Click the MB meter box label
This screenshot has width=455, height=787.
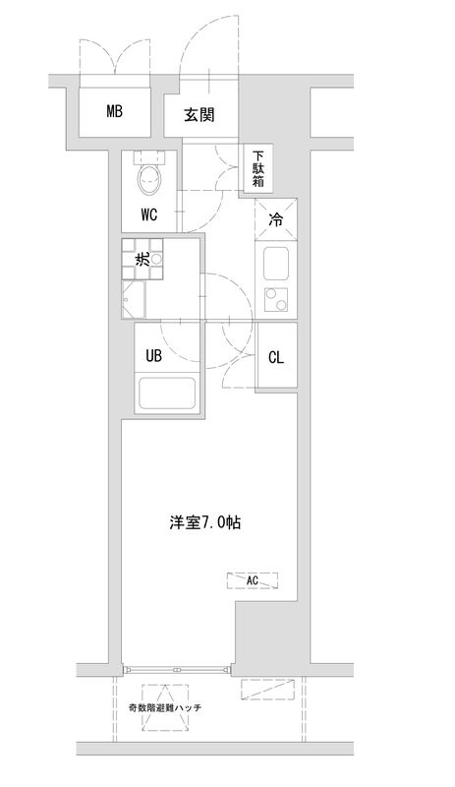point(115,111)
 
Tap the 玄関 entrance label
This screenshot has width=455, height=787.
point(199,116)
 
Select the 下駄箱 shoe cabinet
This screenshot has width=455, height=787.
point(257,168)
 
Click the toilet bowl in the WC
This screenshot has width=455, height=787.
point(150,181)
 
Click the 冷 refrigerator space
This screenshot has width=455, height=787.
point(276,220)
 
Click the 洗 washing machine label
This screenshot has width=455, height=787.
point(142,261)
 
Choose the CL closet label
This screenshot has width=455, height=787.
point(276,357)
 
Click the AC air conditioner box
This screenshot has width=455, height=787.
point(253,580)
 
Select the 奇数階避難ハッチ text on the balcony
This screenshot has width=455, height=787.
point(164,706)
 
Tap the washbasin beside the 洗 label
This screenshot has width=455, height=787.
point(154,260)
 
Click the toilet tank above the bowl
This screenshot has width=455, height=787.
point(150,156)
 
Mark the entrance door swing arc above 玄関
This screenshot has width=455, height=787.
point(208,44)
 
